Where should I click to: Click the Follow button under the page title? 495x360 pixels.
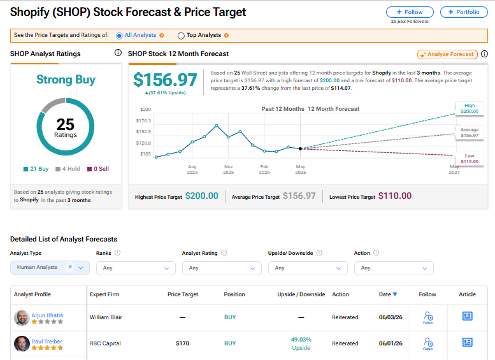coord(410,12)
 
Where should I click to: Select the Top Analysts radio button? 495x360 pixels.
coord(181,36)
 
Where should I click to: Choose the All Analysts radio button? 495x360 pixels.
coord(119,36)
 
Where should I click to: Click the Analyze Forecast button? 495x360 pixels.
coord(447,54)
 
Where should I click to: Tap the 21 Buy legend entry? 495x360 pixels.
coord(36,169)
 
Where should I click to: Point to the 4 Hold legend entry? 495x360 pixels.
coord(68,169)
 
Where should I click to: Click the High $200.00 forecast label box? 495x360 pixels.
coord(470,108)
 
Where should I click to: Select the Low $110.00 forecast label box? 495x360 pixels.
coord(470,159)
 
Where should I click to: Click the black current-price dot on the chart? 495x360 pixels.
coord(300,148)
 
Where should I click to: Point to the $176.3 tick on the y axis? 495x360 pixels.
coord(143,120)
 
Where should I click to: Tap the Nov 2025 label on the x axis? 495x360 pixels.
coord(228,169)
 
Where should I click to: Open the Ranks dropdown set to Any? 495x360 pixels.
coord(136,268)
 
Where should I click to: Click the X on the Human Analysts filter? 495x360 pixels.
coord(70,267)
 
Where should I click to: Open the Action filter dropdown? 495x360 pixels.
coord(394,268)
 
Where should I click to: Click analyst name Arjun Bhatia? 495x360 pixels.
coord(47,315)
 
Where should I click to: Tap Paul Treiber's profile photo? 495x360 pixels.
coord(22,343)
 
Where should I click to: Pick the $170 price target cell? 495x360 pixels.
coord(182,343)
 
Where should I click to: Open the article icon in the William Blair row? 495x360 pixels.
coord(467,316)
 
